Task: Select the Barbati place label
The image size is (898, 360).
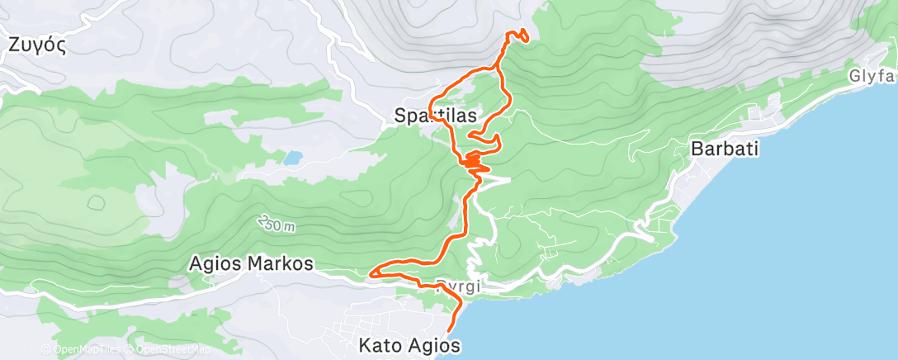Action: point(724,149)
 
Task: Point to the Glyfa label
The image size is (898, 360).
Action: point(873,76)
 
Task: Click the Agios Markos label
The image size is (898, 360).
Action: point(251,264)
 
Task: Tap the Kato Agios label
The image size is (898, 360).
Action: point(408,343)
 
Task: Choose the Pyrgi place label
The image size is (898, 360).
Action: point(457,286)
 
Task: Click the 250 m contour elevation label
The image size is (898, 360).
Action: point(276,225)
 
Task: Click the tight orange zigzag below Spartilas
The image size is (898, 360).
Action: point(474,161)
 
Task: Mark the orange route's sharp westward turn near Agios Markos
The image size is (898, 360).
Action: point(373,272)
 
